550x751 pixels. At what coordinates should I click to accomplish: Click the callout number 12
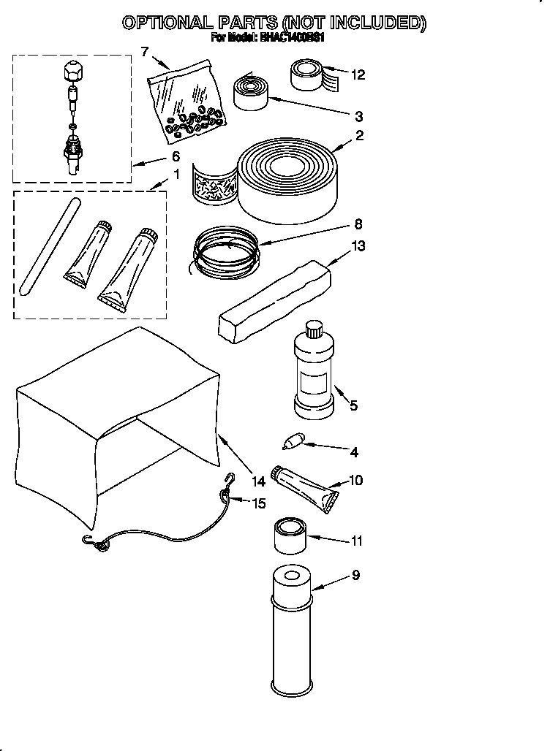pyautogui.click(x=358, y=75)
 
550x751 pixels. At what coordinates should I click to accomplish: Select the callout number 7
pyautogui.click(x=144, y=51)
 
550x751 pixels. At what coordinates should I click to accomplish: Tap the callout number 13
pyautogui.click(x=358, y=246)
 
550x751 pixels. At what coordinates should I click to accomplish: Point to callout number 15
pyautogui.click(x=259, y=503)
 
